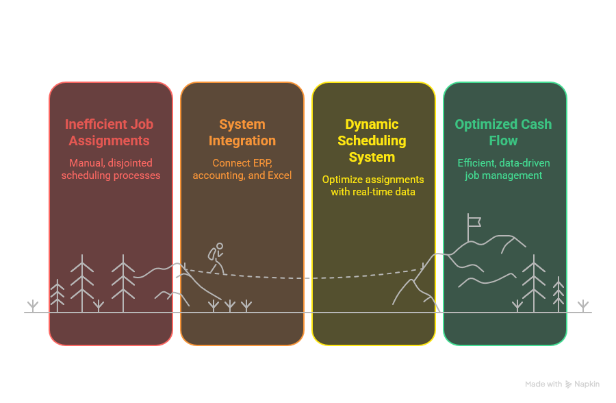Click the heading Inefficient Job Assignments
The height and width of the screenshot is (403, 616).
click(110, 132)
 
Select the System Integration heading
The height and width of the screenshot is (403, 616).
click(242, 132)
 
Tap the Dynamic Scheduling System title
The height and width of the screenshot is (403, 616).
click(372, 141)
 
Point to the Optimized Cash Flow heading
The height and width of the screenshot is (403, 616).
click(503, 132)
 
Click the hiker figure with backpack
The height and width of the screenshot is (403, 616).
click(216, 258)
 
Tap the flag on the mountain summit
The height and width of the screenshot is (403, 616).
click(474, 221)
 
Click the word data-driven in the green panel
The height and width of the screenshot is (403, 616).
click(524, 163)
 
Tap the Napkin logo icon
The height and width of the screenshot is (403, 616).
click(569, 384)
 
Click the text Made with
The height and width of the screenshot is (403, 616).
click(543, 384)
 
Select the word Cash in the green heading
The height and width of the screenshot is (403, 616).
click(537, 124)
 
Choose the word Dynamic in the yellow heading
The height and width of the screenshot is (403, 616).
click(372, 124)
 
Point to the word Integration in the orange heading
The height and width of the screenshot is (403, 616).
click(242, 141)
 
